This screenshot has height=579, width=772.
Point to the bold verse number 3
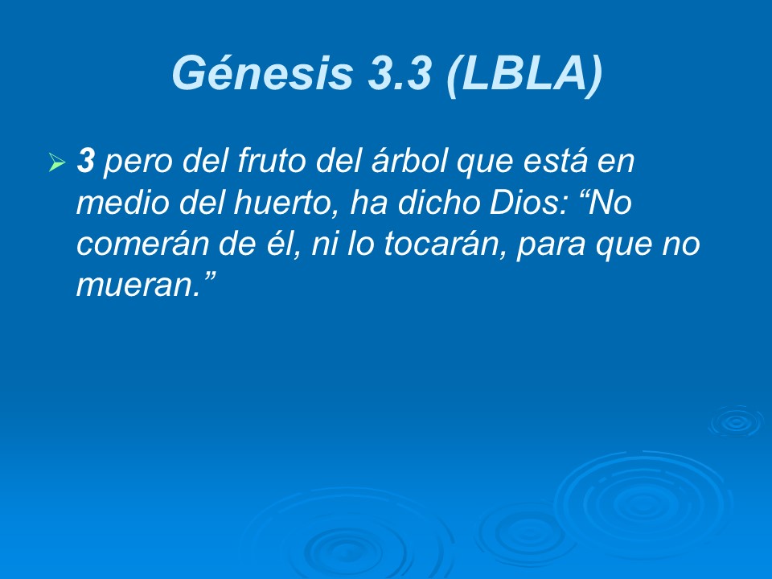(x=85, y=162)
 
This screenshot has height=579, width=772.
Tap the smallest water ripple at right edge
(x=735, y=421)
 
